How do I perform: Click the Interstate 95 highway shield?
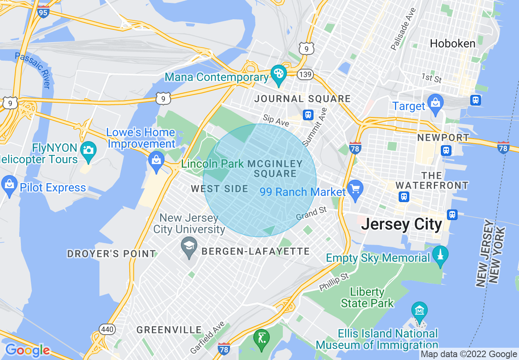click(43, 11)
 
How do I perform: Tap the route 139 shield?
click(306, 74)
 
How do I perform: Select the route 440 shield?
click(107, 329)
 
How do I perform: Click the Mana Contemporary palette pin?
click(280, 74)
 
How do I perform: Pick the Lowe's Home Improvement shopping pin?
click(156, 159)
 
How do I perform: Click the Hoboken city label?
click(452, 43)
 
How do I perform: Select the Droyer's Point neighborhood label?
click(111, 254)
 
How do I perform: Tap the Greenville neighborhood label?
click(169, 330)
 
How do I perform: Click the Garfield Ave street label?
click(208, 337)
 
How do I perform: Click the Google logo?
click(27, 350)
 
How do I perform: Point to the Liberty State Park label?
click(367, 297)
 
